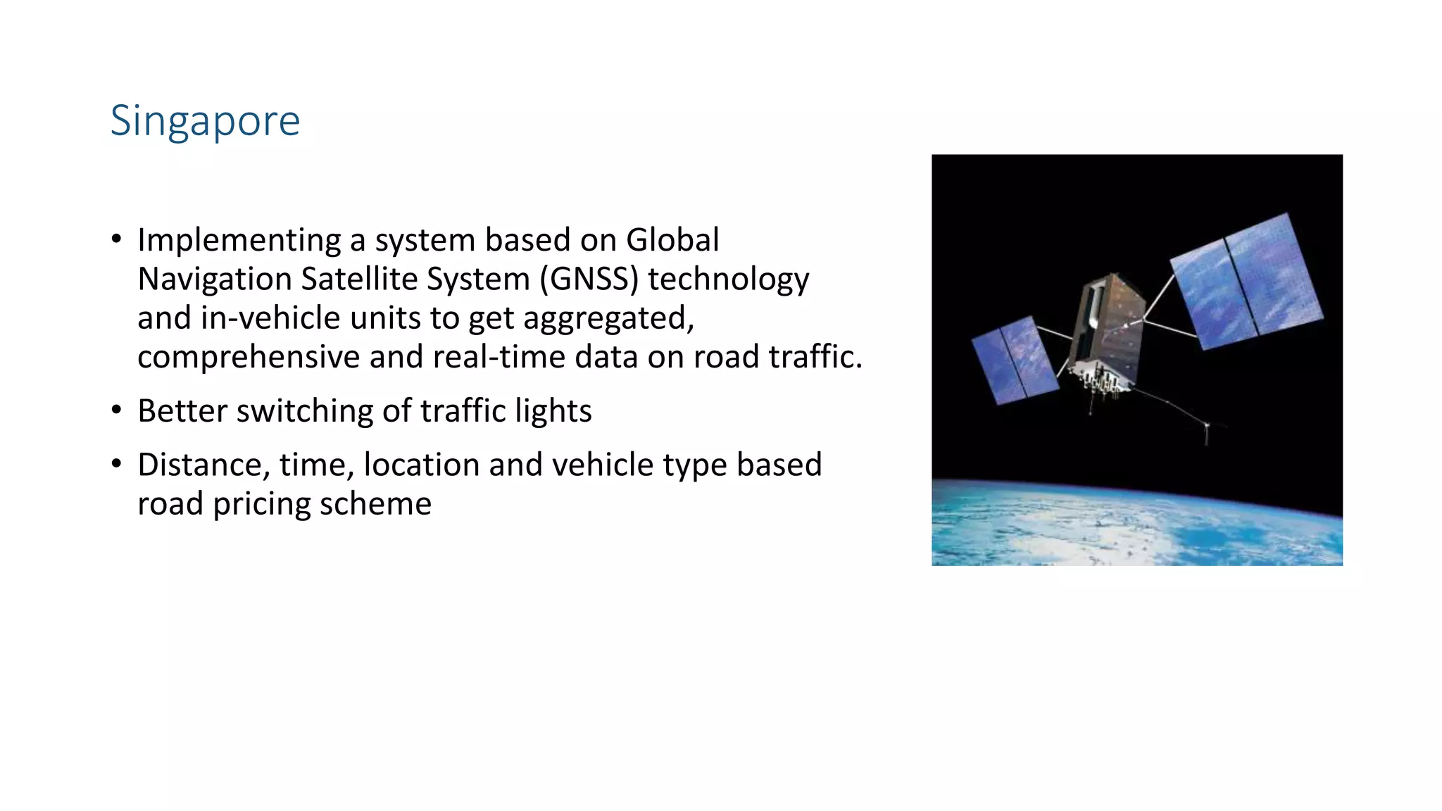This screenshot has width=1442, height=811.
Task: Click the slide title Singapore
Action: point(205,121)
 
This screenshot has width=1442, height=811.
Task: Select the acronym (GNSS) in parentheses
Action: point(589,279)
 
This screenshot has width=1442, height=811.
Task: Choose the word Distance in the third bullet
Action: point(204,465)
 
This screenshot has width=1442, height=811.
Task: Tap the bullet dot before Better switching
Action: point(117,410)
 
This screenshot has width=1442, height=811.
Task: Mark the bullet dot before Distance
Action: point(117,464)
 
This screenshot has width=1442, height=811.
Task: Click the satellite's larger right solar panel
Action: point(1246,282)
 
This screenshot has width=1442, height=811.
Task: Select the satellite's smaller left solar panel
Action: point(1014,359)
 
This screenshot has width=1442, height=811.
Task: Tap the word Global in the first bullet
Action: point(672,241)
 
